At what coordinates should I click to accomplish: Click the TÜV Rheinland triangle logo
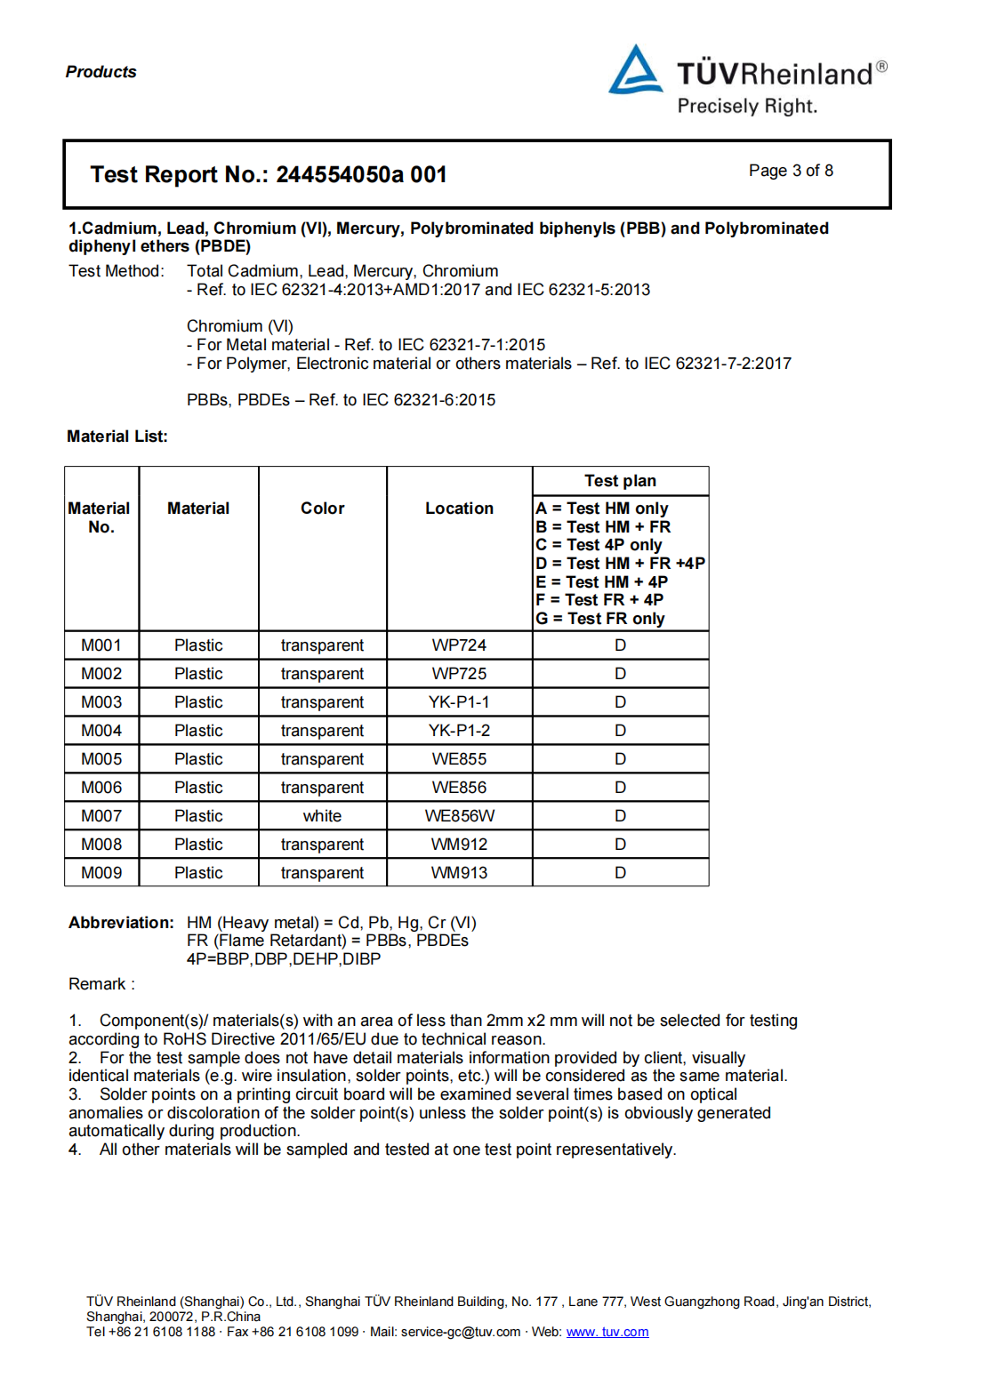point(635,71)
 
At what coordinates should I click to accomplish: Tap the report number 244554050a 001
point(361,174)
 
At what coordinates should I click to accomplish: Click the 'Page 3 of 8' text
point(791,171)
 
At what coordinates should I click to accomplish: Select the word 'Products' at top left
point(101,72)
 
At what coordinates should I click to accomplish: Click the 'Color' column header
point(322,509)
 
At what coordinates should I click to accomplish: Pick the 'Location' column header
point(459,509)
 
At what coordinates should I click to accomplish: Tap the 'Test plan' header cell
point(620,481)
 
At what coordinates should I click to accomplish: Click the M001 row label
point(101,645)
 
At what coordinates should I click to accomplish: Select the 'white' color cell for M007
point(322,816)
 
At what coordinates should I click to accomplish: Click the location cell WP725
point(459,674)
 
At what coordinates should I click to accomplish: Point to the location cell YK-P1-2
point(459,731)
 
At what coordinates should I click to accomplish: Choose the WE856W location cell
point(459,816)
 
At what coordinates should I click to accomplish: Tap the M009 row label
point(101,873)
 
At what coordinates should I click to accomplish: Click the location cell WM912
point(459,845)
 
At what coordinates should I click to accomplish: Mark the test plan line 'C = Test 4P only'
point(599,545)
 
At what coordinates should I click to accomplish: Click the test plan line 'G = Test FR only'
point(600,619)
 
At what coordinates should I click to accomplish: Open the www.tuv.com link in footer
point(607,1332)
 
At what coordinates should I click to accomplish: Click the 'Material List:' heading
point(117,437)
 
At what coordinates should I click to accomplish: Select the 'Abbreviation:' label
point(121,923)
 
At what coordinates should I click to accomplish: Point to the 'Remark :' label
point(101,984)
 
